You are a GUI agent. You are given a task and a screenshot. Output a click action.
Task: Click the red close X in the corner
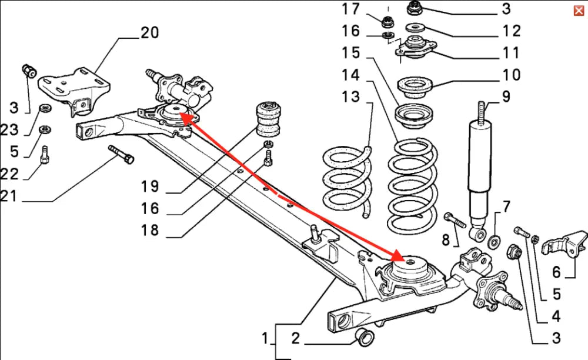point(579,11)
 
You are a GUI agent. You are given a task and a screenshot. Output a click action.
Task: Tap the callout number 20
point(149,32)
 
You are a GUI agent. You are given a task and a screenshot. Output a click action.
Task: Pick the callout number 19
point(150,186)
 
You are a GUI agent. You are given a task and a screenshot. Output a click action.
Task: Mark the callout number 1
point(265,338)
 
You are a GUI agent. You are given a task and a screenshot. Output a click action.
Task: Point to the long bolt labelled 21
point(121,155)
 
